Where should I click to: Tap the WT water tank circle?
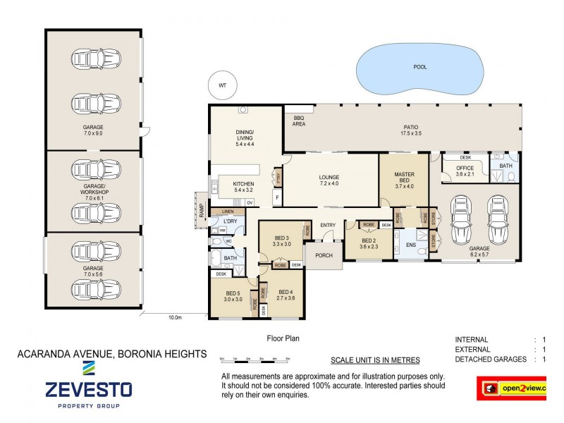tap(223, 85)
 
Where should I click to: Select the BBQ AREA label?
tap(295, 120)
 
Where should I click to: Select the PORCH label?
tap(324, 255)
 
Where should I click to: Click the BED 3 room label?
tap(282, 241)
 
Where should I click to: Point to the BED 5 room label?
tap(233, 295)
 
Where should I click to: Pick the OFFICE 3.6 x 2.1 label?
tap(465, 171)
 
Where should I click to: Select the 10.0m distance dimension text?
tap(174, 318)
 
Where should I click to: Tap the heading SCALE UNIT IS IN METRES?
tap(375, 360)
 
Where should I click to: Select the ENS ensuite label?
tap(410, 246)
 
